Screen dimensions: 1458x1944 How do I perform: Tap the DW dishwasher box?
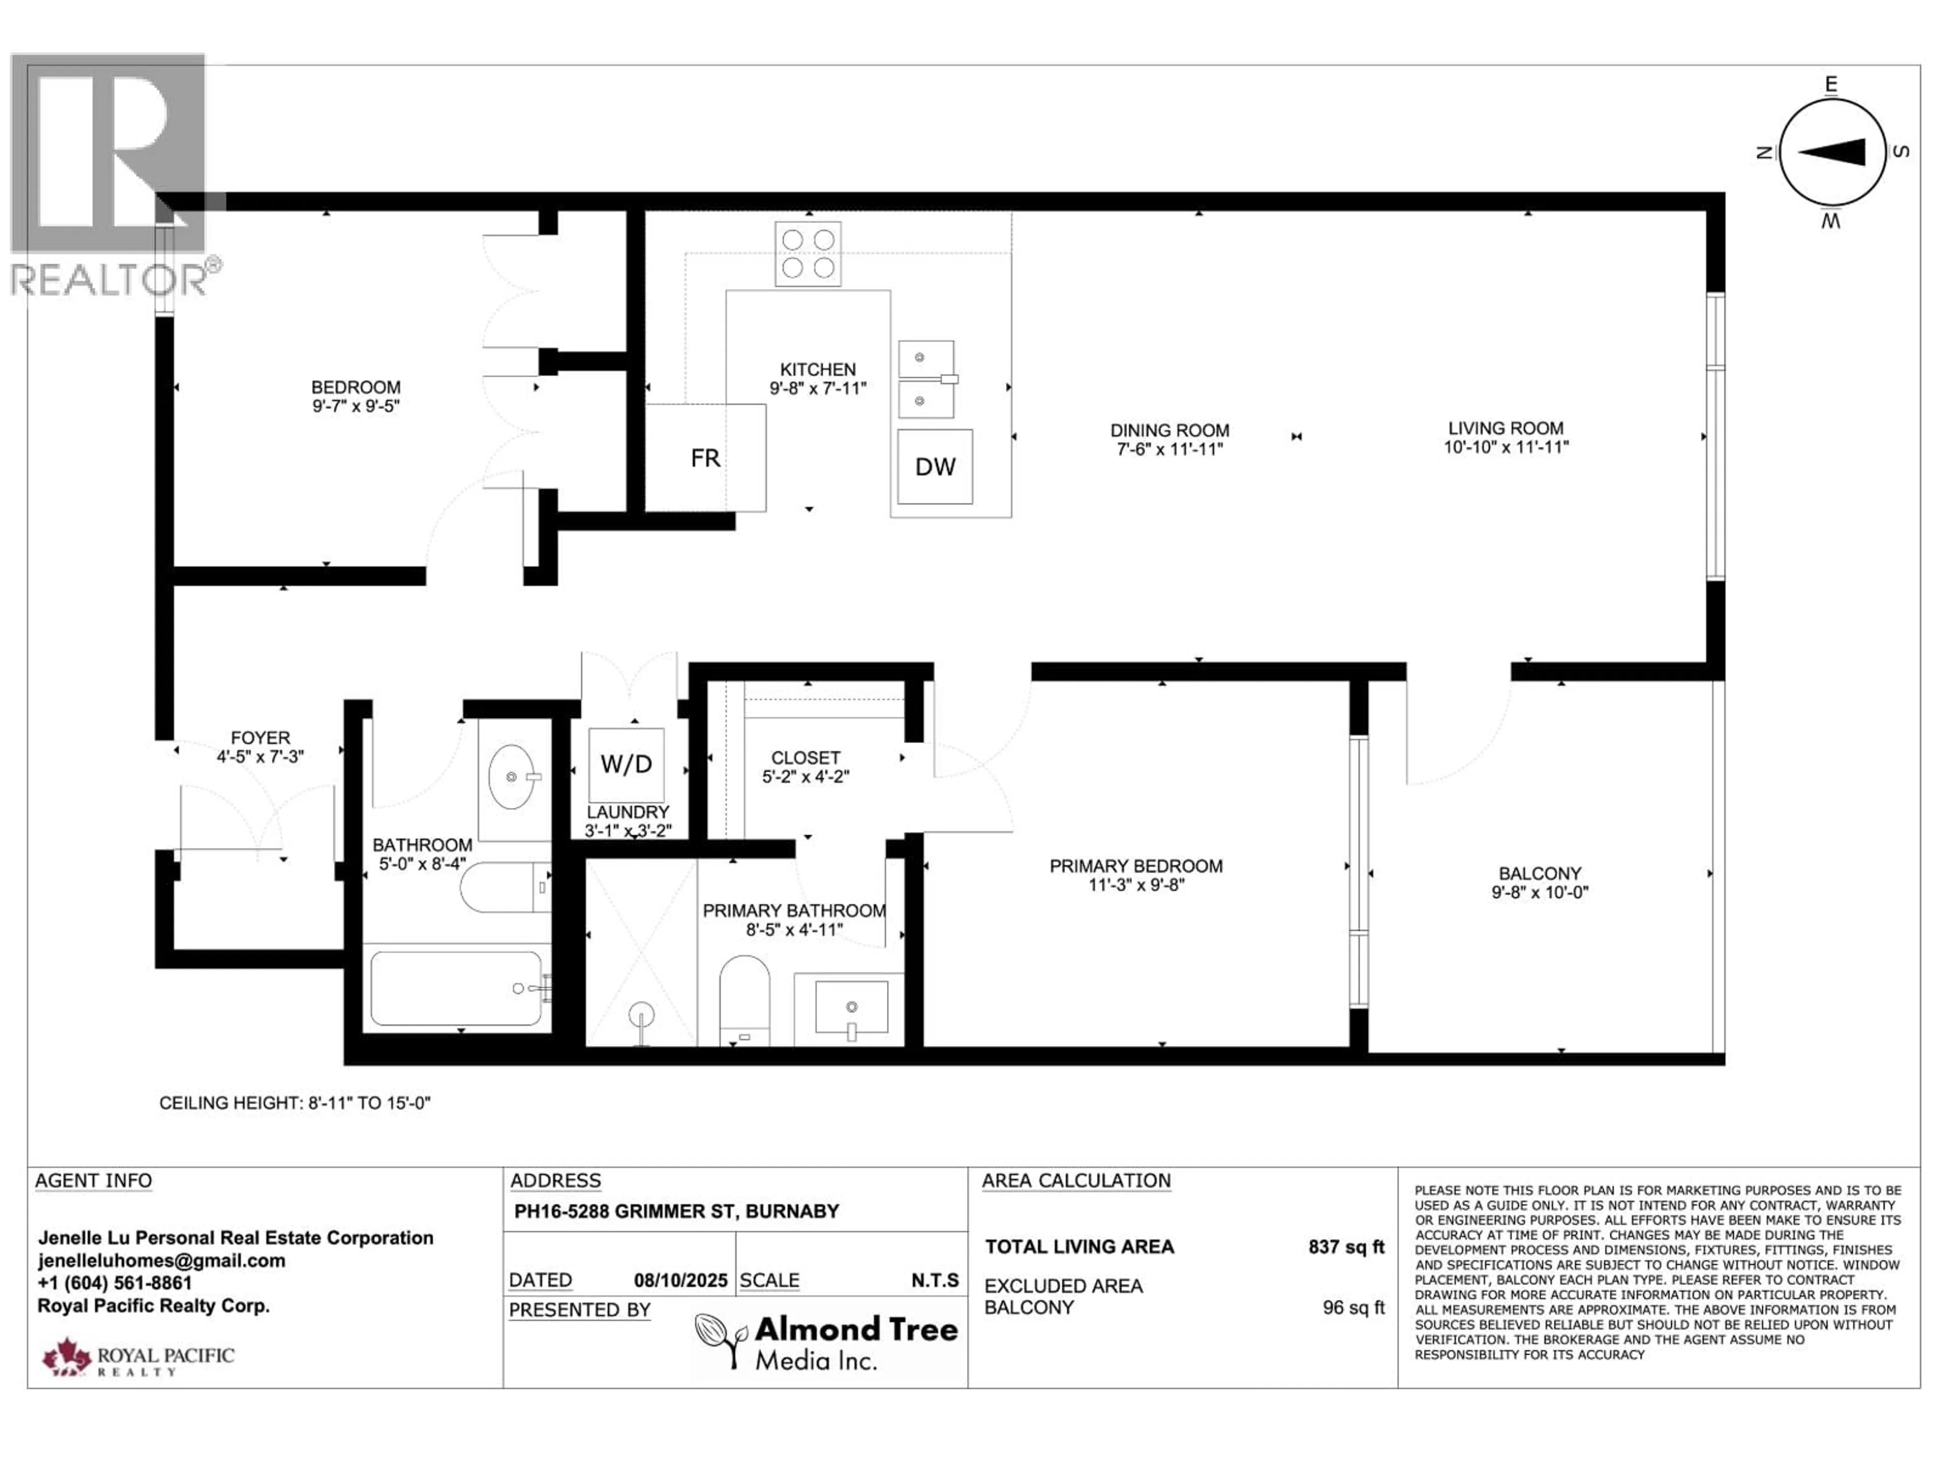click(x=934, y=467)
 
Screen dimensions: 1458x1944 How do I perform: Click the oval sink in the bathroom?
click(x=511, y=777)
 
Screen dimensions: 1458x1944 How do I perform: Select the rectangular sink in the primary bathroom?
click(x=850, y=1008)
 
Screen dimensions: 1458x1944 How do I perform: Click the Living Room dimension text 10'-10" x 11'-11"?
click(x=1506, y=448)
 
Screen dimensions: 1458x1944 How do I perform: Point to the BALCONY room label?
click(x=1540, y=874)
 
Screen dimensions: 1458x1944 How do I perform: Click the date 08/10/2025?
click(x=680, y=1280)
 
